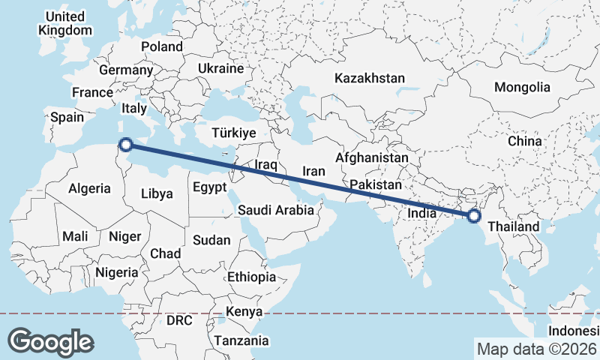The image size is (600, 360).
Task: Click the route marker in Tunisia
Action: tap(126, 145)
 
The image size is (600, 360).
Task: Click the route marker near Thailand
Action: tap(473, 216)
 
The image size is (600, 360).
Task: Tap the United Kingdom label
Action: tap(65, 23)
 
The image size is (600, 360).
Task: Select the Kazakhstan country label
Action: tap(370, 78)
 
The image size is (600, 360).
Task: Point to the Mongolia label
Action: tap(522, 87)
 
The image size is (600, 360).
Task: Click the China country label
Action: tap(524, 141)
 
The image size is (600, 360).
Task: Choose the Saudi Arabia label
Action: tap(276, 211)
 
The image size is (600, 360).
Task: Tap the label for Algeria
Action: tap(89, 189)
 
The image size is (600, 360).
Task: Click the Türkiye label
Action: tap(234, 133)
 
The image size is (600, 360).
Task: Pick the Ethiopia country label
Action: tap(252, 277)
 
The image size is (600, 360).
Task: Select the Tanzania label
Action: tap(241, 341)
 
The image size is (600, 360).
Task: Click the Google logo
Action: tap(50, 341)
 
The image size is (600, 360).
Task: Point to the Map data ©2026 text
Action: tap(536, 349)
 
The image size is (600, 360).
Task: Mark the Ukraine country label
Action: tap(220, 68)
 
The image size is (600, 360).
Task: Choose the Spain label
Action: tap(67, 117)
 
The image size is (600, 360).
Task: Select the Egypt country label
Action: tap(209, 187)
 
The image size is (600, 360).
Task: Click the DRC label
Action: tap(180, 320)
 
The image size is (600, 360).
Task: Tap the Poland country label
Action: tap(162, 46)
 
